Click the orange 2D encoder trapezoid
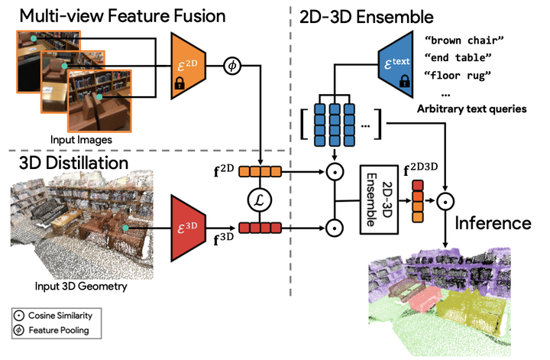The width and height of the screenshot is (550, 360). pos(189,66)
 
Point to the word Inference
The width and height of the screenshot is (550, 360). pos(493,223)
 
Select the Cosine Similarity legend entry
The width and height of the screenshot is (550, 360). pos(54,315)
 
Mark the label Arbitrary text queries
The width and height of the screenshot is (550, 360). pos(471,110)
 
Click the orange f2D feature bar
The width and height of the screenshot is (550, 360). pos(260,171)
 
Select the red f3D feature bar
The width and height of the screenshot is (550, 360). pos(260,227)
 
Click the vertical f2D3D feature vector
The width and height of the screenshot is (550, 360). pos(416,201)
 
